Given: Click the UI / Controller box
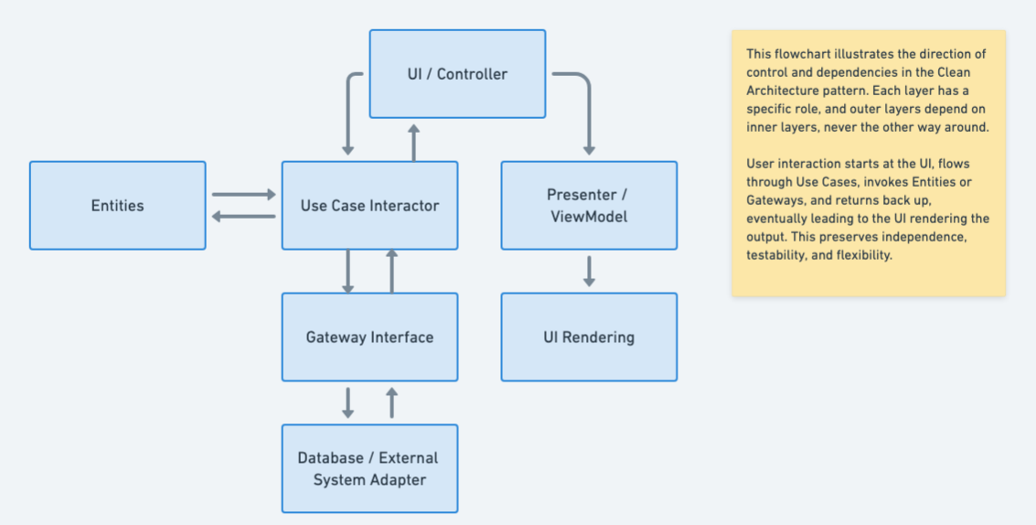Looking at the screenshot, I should pos(457,74).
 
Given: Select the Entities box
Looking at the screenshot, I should pos(117,206).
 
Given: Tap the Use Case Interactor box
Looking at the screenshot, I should pos(369,206).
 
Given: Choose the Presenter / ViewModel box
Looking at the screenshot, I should pos(589,206).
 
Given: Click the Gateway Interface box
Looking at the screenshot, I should pos(369,337).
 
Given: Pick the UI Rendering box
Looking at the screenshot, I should pos(589,337).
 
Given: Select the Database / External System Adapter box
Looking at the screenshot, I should pos(369,468).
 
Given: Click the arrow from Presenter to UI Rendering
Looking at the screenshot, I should pos(589,271).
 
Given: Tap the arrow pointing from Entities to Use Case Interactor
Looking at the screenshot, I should pos(243,194).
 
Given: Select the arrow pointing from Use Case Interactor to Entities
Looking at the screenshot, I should pos(243,217).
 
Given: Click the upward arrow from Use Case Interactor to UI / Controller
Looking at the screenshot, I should pos(413,143).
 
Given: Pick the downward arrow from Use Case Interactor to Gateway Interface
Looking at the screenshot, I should pos(347,271).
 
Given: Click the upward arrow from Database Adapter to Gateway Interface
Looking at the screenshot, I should pos(391,402).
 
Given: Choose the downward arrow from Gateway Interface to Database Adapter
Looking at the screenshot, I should pos(347,402).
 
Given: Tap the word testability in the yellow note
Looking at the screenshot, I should pos(778,255).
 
